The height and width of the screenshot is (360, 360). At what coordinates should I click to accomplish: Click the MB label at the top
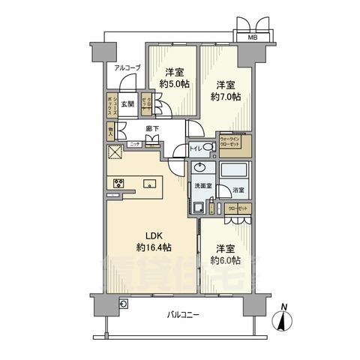[245, 36]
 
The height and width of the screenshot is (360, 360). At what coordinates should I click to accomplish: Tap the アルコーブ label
[127, 67]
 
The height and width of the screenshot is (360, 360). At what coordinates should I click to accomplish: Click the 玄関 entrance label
[127, 104]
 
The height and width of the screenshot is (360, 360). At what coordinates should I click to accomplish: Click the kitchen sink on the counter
[148, 184]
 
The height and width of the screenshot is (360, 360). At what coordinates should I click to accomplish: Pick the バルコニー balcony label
[183, 316]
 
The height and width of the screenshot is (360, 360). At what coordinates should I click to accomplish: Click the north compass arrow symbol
[283, 321]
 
